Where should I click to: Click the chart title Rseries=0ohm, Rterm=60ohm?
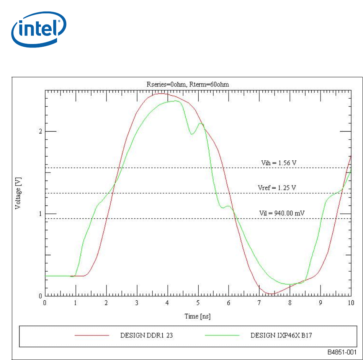tap(198, 84)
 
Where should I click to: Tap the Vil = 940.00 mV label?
tap(280, 213)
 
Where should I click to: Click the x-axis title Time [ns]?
tap(198, 316)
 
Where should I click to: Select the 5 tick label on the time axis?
tap(198, 303)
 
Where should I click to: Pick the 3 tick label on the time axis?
tap(137, 303)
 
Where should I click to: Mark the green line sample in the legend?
tap(222, 336)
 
